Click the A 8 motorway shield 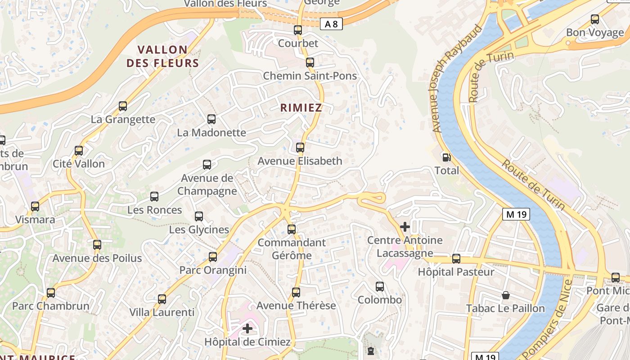coord(331,24)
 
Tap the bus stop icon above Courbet coord(298,30)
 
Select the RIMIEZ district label coord(301,108)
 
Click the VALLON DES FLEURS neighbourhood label coord(162,56)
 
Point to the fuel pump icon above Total coord(446,157)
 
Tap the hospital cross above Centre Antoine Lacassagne coord(405,227)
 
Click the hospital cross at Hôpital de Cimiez coord(247,328)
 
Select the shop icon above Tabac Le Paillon coord(506,296)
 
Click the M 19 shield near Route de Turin coord(516,214)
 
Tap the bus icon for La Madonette coord(211,119)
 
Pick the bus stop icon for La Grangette coord(123,106)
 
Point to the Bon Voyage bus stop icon coord(595,19)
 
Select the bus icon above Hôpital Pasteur coord(456,259)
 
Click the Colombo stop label coord(380,300)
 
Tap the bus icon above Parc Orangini coord(213,257)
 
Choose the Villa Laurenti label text coord(162,312)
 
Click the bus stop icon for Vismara coord(35,207)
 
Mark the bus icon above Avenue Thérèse coord(296,292)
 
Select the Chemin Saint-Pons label coord(310,76)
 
